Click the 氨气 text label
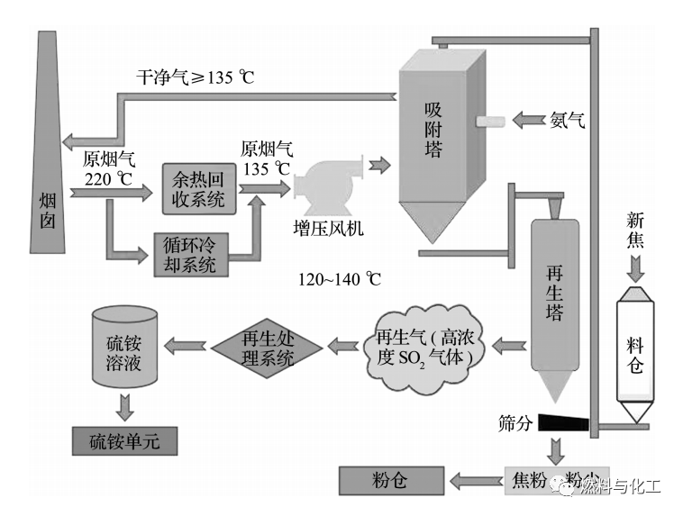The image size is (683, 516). [x=567, y=120]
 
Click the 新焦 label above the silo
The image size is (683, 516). [x=635, y=230]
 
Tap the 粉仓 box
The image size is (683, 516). [x=390, y=480]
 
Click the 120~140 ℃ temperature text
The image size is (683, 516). [x=340, y=279]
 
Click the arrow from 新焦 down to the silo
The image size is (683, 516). [x=634, y=267]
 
